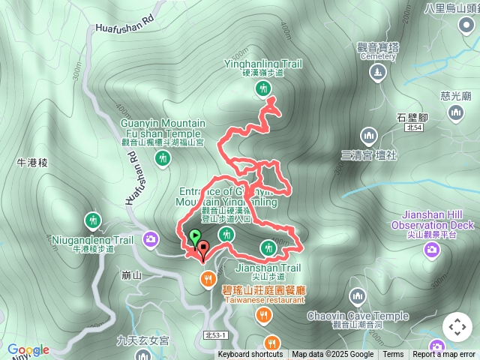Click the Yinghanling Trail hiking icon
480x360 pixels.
point(262,88)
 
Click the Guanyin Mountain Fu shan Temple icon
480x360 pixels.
point(163,157)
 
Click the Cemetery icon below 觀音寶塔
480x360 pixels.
point(378,73)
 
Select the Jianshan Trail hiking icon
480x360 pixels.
point(268,247)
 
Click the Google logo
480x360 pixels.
point(28,349)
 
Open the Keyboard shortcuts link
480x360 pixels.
point(250,355)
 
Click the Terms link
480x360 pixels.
point(393,355)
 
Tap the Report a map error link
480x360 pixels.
point(444,355)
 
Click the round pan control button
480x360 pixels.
point(457,327)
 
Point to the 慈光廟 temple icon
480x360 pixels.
point(456,112)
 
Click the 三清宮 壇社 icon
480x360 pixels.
point(368,136)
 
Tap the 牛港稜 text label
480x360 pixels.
point(32,162)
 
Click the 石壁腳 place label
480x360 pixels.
point(412,118)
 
